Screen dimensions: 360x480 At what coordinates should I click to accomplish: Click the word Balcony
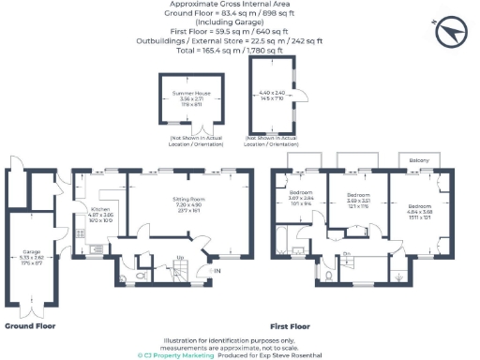click(419, 160)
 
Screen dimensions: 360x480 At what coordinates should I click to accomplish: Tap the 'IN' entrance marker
click(217, 271)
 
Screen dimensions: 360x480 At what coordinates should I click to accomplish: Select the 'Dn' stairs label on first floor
click(346, 254)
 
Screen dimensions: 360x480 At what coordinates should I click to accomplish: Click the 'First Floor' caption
click(293, 326)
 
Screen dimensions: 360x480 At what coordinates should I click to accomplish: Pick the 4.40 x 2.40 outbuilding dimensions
click(272, 96)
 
